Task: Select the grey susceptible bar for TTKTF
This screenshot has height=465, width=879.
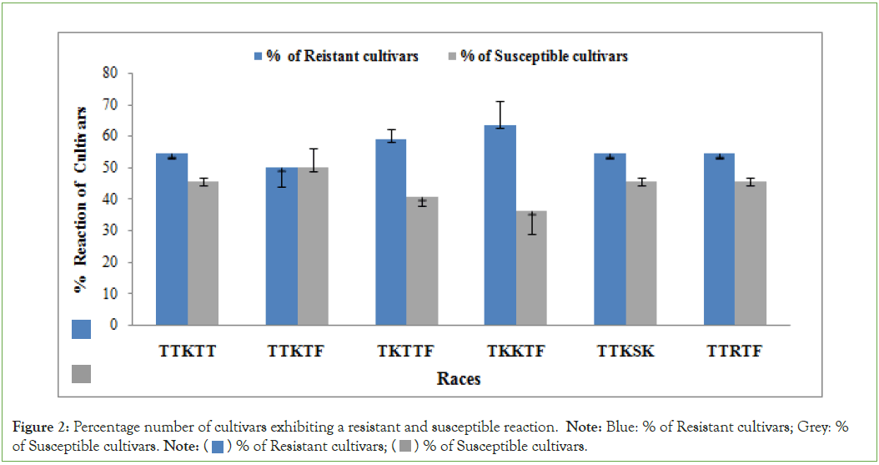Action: coord(313,246)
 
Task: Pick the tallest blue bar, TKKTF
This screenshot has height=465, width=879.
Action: coord(500,225)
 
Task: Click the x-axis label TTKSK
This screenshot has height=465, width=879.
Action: coord(625,351)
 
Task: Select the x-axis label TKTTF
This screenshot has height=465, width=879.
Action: coord(406,351)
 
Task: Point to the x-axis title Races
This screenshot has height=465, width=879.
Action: coord(459,379)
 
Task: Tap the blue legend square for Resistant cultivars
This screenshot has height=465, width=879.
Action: coord(259,57)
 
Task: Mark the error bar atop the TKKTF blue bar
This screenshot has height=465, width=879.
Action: coord(500,114)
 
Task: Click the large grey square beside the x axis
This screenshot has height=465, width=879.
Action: coord(81,373)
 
